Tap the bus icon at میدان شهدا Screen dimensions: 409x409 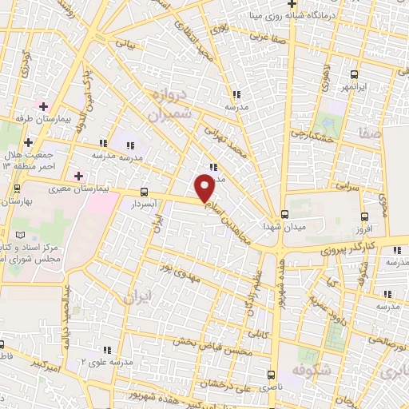284,214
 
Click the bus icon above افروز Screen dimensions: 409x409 365,216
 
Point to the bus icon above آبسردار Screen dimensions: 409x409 144,192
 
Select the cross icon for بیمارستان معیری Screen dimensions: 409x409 77,176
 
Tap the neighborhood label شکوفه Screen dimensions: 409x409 314,371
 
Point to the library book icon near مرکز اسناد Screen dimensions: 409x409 31,236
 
